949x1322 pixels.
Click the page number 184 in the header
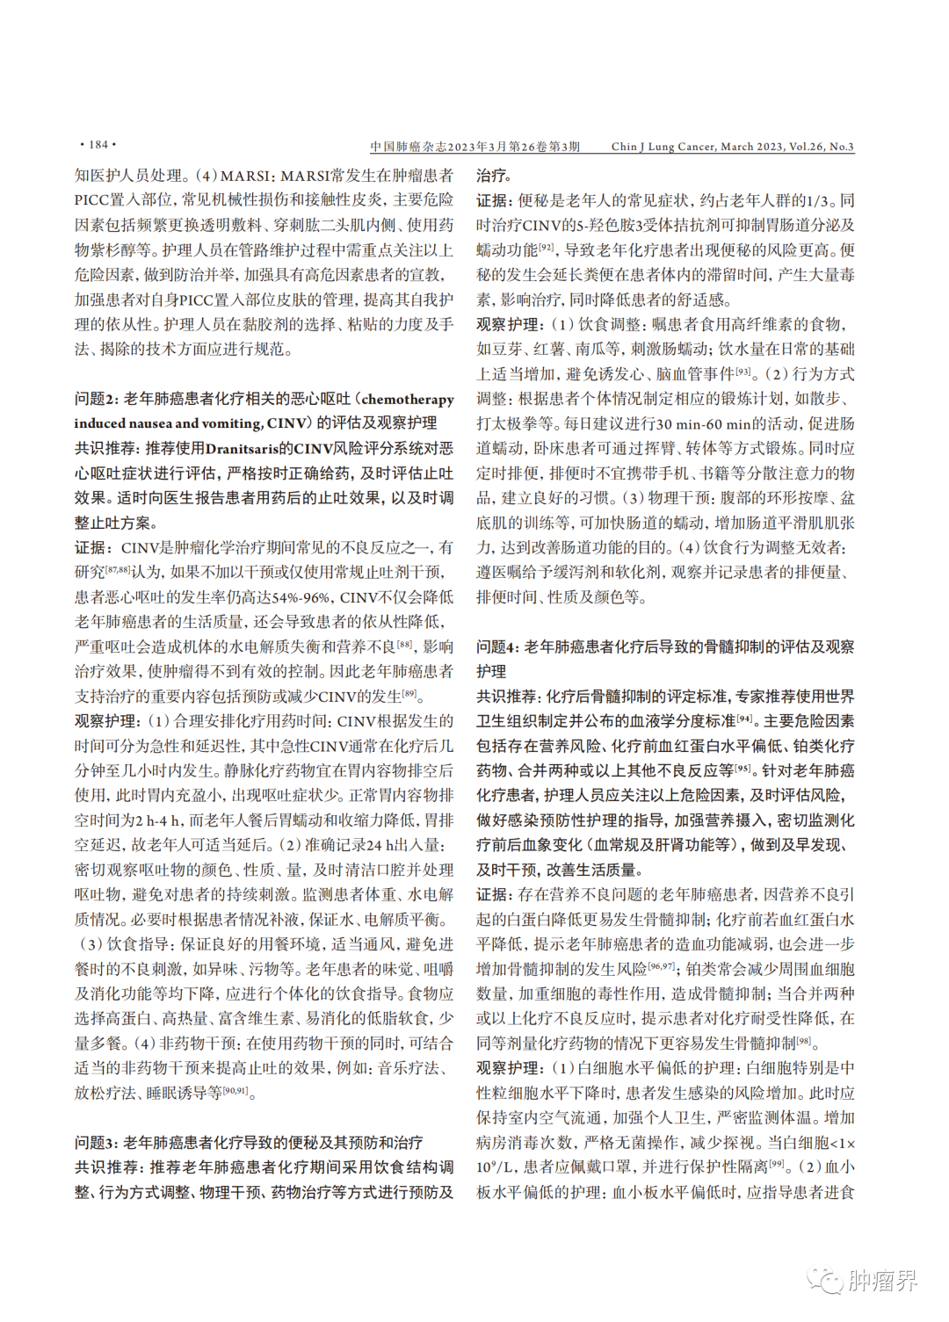[x=98, y=145]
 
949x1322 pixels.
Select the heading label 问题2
[x=96, y=399]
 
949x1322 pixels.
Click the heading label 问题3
[x=96, y=1143]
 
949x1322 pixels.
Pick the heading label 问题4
[x=497, y=647]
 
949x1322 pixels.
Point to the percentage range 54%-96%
[x=301, y=597]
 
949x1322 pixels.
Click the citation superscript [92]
[x=547, y=247]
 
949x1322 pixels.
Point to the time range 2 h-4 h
[x=160, y=820]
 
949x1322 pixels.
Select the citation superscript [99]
[x=776, y=1163]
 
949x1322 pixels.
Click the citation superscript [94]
[x=744, y=718]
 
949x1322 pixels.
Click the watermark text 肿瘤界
[x=884, y=1280]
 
